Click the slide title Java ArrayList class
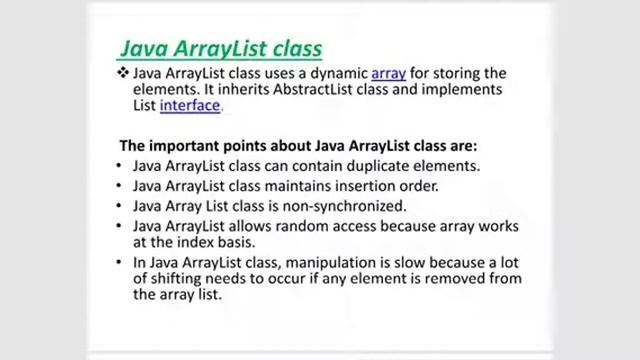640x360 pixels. tap(221, 47)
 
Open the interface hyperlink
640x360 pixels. tap(190, 105)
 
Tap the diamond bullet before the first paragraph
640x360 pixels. tap(123, 73)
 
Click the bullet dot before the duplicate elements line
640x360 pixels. tap(121, 166)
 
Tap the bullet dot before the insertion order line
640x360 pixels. tap(121, 186)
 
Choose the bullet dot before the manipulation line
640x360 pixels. tap(121, 262)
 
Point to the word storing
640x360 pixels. tap(459, 73)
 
